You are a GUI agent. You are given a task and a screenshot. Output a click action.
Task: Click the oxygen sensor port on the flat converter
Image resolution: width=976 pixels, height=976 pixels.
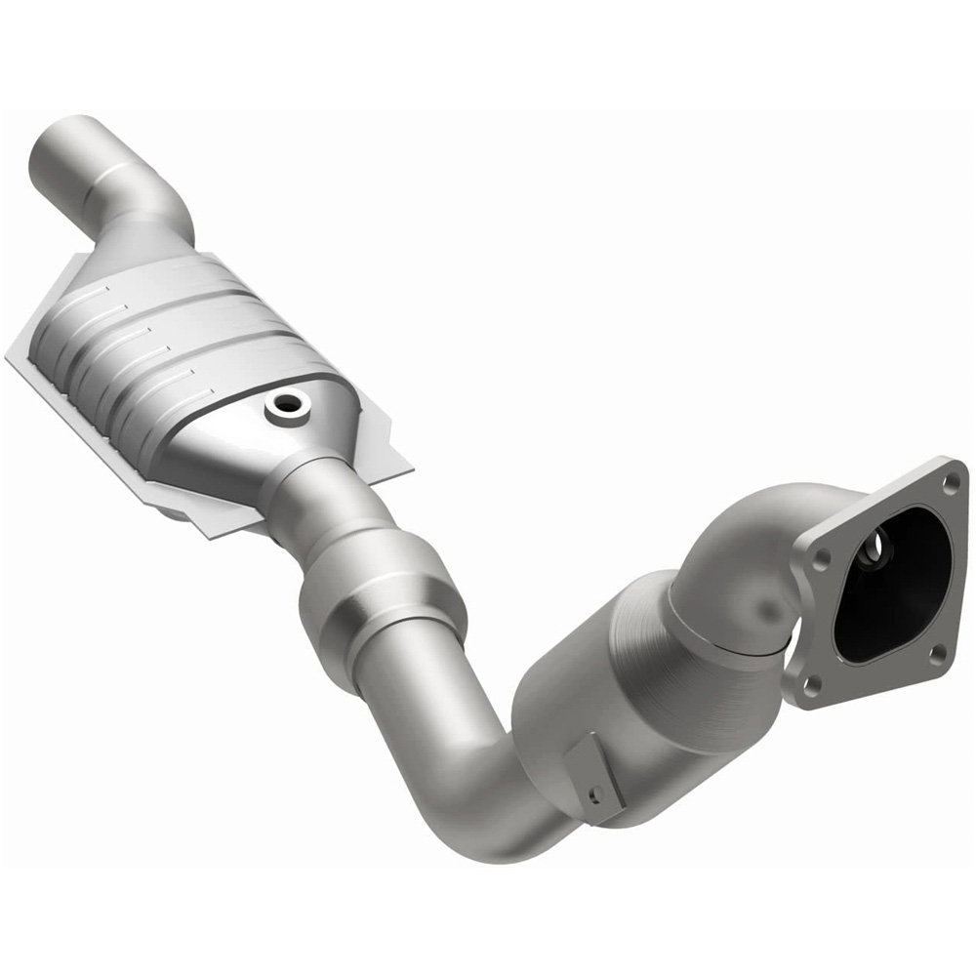tap(287, 404)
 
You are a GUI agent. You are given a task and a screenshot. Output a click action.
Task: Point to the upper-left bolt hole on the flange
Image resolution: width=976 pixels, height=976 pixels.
tap(821, 556)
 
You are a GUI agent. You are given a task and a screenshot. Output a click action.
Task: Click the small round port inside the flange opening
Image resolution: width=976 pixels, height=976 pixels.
tap(882, 543)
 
